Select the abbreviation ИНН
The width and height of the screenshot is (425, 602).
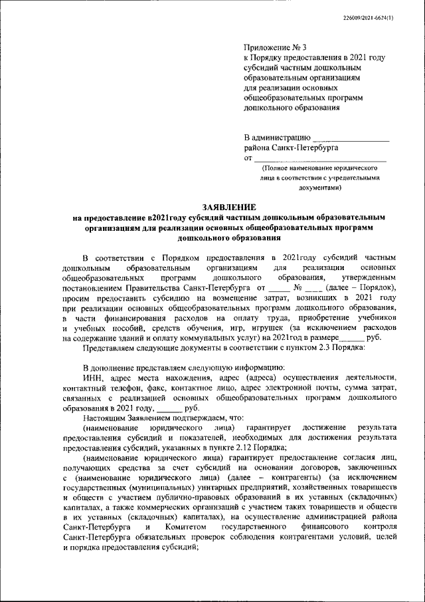(x=94, y=378)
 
